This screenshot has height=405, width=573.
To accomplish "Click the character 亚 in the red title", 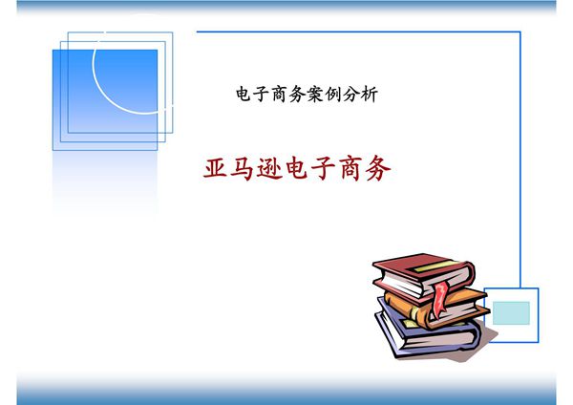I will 216,168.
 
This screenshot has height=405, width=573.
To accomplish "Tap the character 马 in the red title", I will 245,168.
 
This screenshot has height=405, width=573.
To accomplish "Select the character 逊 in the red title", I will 275,168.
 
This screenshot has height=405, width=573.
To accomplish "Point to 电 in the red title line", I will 305,168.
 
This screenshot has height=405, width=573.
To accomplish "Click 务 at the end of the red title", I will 379,168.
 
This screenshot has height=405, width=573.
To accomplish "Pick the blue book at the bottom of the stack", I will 420,330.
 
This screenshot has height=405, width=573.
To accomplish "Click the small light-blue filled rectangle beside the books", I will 511,310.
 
